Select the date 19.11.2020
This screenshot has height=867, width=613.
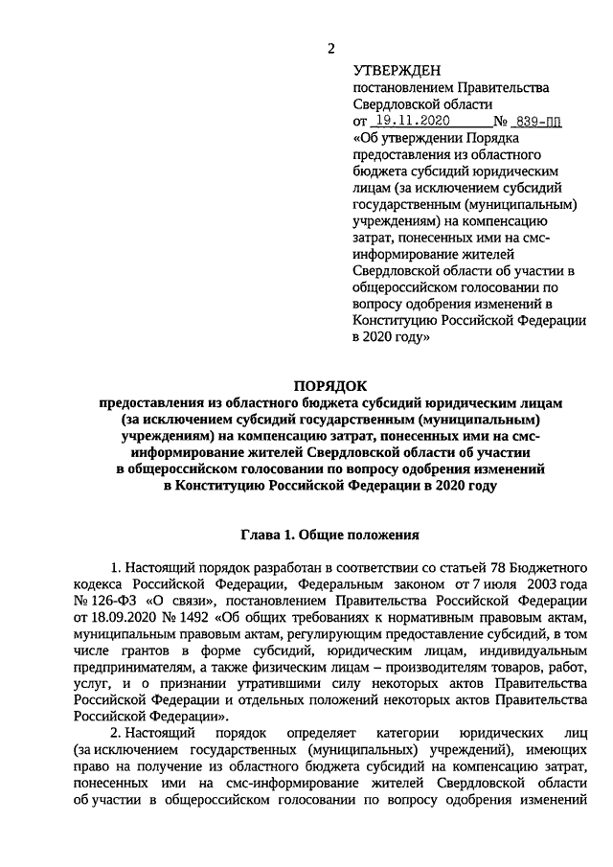(412, 122)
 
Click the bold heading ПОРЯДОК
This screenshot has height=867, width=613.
(330, 385)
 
